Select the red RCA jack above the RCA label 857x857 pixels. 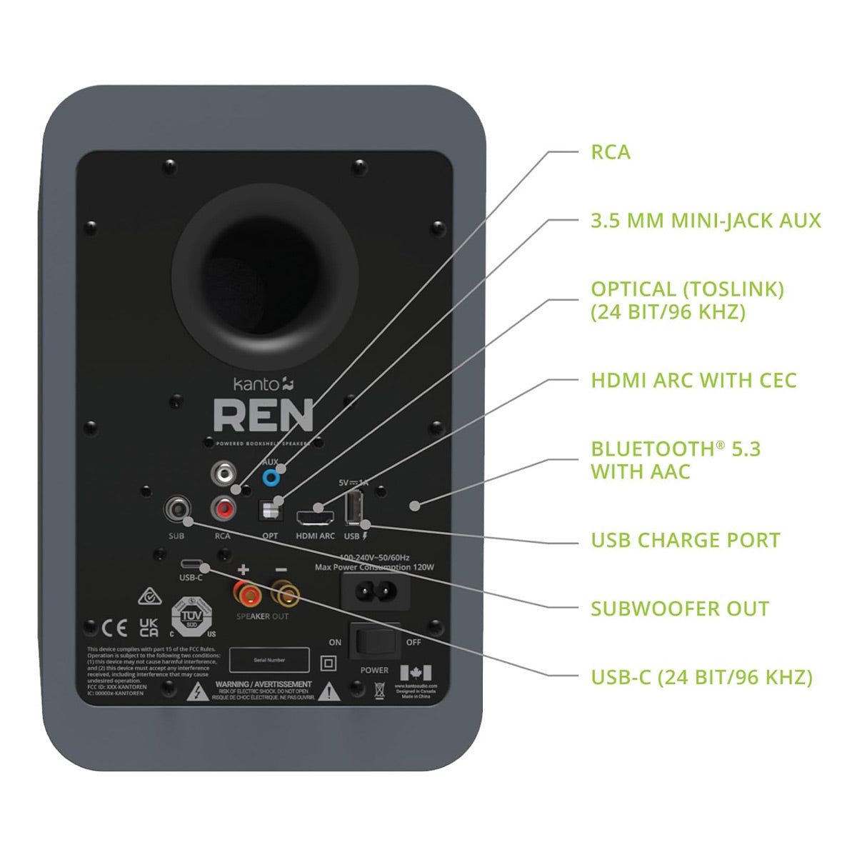point(224,508)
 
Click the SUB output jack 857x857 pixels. point(176,510)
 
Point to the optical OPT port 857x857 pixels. point(270,510)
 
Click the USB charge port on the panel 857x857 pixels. point(353,510)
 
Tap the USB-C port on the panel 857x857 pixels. point(191,562)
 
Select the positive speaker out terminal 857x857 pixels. point(243,592)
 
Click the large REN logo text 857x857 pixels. point(263,416)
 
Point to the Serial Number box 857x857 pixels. point(269,660)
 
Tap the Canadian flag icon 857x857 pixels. point(416,673)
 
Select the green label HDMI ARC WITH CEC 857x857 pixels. point(693,381)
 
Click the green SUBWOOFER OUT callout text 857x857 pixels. point(679,609)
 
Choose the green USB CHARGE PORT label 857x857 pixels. point(685,541)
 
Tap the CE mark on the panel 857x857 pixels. point(115,628)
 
